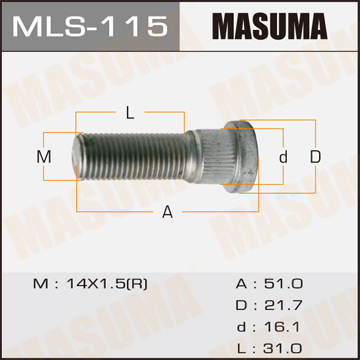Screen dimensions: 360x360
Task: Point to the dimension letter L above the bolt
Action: point(131,112)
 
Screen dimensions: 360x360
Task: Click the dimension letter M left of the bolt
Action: point(43,157)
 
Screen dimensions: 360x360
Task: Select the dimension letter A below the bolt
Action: point(167,211)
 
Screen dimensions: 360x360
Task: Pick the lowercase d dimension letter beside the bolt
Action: point(284,157)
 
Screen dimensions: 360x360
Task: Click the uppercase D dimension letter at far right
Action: point(315,157)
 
